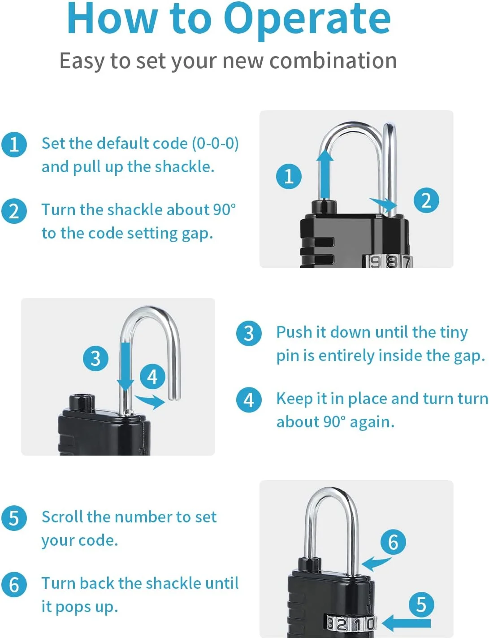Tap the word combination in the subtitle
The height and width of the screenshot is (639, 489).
(x=333, y=61)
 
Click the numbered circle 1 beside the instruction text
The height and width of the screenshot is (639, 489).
(x=14, y=144)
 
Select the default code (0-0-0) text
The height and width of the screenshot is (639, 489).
(x=167, y=143)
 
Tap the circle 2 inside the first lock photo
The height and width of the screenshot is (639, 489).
(x=426, y=200)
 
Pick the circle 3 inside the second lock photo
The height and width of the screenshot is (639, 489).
(x=95, y=358)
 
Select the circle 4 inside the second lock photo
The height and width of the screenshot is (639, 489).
(x=152, y=377)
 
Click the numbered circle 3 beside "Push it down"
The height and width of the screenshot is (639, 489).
(x=249, y=333)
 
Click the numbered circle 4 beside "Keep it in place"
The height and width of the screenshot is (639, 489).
(x=249, y=400)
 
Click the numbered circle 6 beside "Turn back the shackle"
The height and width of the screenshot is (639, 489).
(x=14, y=584)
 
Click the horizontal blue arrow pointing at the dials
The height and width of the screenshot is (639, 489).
(x=406, y=623)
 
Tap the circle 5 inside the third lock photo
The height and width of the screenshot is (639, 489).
(x=421, y=604)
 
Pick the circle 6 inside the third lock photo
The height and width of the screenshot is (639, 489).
(x=393, y=542)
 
